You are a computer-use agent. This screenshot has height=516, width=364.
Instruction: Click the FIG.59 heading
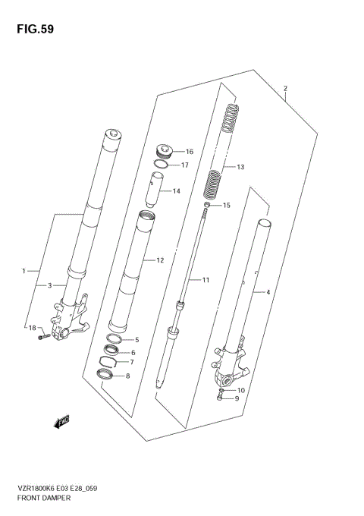31,29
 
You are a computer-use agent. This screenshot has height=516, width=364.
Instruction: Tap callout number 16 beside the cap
189,151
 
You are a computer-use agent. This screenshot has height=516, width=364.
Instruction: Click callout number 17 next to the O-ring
184,165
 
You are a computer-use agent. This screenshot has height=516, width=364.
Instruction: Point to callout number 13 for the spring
241,167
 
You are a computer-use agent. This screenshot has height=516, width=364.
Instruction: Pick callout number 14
176,190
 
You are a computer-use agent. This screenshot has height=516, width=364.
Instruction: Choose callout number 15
226,206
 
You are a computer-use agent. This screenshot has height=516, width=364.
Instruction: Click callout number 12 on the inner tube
160,260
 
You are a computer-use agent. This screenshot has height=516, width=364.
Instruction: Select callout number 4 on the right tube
265,291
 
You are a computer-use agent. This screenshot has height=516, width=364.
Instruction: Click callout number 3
49,285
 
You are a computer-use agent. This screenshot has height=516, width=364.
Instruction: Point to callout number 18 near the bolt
32,327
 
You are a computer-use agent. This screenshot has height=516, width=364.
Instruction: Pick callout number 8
127,376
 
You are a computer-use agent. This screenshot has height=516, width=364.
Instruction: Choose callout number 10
240,390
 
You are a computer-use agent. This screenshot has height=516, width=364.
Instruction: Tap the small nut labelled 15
206,205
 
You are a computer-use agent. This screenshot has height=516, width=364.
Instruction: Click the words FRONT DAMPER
42,499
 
